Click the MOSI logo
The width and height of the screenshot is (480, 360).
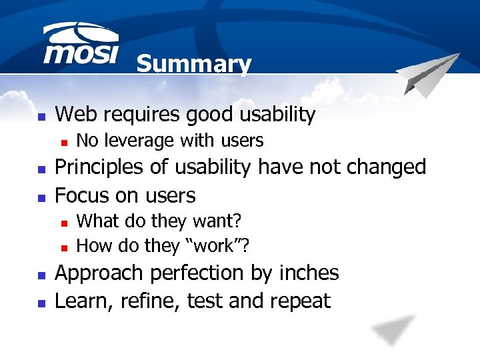(80, 45)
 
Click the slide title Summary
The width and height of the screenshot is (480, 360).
(193, 65)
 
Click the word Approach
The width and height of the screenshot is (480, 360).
(99, 273)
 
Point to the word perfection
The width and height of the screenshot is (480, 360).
(197, 273)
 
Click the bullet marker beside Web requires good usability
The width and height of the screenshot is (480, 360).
(41, 116)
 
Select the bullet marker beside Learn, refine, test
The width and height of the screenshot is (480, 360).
(41, 302)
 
